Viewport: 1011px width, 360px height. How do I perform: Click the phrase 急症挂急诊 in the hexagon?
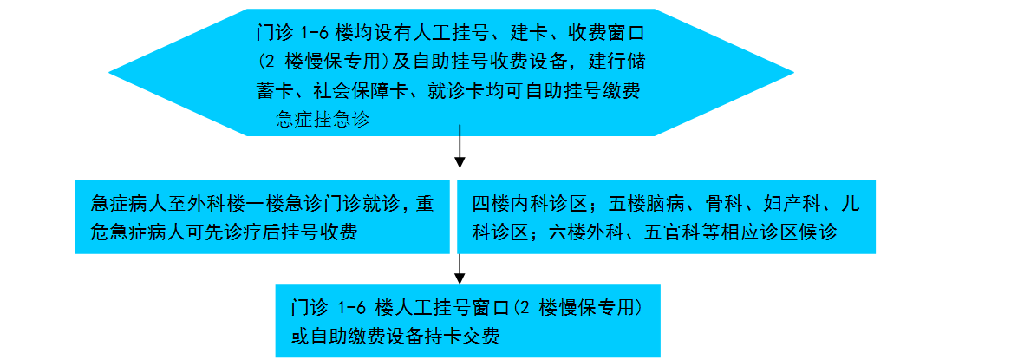[x=323, y=120]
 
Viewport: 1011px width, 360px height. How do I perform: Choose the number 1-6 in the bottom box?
[x=353, y=309]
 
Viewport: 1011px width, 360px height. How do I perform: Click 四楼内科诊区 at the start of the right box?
[x=529, y=204]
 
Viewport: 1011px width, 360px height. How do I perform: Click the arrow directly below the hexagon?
[x=459, y=147]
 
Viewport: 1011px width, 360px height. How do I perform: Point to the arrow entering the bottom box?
[x=459, y=268]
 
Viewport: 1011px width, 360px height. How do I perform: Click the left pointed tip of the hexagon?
[x=109, y=72]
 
